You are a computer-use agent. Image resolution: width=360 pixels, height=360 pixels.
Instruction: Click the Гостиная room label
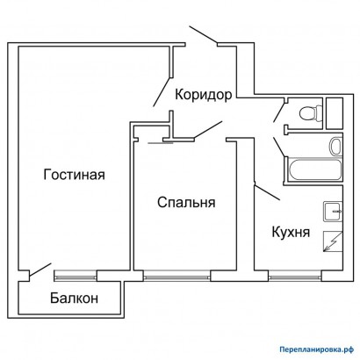point(74,175)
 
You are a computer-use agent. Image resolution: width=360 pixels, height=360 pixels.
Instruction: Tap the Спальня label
point(186,202)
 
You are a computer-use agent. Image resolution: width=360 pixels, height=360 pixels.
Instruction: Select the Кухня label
point(291,233)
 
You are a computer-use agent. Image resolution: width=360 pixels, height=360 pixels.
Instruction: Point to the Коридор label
point(204,95)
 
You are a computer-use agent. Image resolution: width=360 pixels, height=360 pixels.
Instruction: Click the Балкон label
point(74,299)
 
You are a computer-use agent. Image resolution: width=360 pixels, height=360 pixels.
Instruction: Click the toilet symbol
point(311,113)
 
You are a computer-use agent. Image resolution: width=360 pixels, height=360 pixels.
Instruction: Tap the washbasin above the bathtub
point(335,146)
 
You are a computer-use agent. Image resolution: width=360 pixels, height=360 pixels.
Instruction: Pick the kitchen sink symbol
point(333,212)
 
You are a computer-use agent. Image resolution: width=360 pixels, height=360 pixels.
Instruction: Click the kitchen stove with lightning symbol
point(333,241)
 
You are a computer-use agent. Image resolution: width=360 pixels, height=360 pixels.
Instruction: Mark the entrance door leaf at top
point(204,35)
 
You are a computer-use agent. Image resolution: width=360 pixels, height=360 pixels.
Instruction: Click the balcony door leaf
point(40,270)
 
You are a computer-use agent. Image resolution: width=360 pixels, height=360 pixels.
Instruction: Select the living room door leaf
point(162,91)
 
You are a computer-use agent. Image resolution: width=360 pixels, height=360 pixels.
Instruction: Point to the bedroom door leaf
point(208,129)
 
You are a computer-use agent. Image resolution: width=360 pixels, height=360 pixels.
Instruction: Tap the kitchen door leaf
point(268,192)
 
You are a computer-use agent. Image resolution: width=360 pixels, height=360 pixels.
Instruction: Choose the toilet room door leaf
point(278,112)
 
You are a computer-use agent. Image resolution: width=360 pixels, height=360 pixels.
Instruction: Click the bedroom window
point(176,276)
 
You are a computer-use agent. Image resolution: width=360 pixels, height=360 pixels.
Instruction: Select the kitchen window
point(295,276)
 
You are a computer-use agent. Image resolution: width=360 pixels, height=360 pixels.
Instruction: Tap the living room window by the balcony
point(76,276)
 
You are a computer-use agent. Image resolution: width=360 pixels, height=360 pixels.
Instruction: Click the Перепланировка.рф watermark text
point(315,349)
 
